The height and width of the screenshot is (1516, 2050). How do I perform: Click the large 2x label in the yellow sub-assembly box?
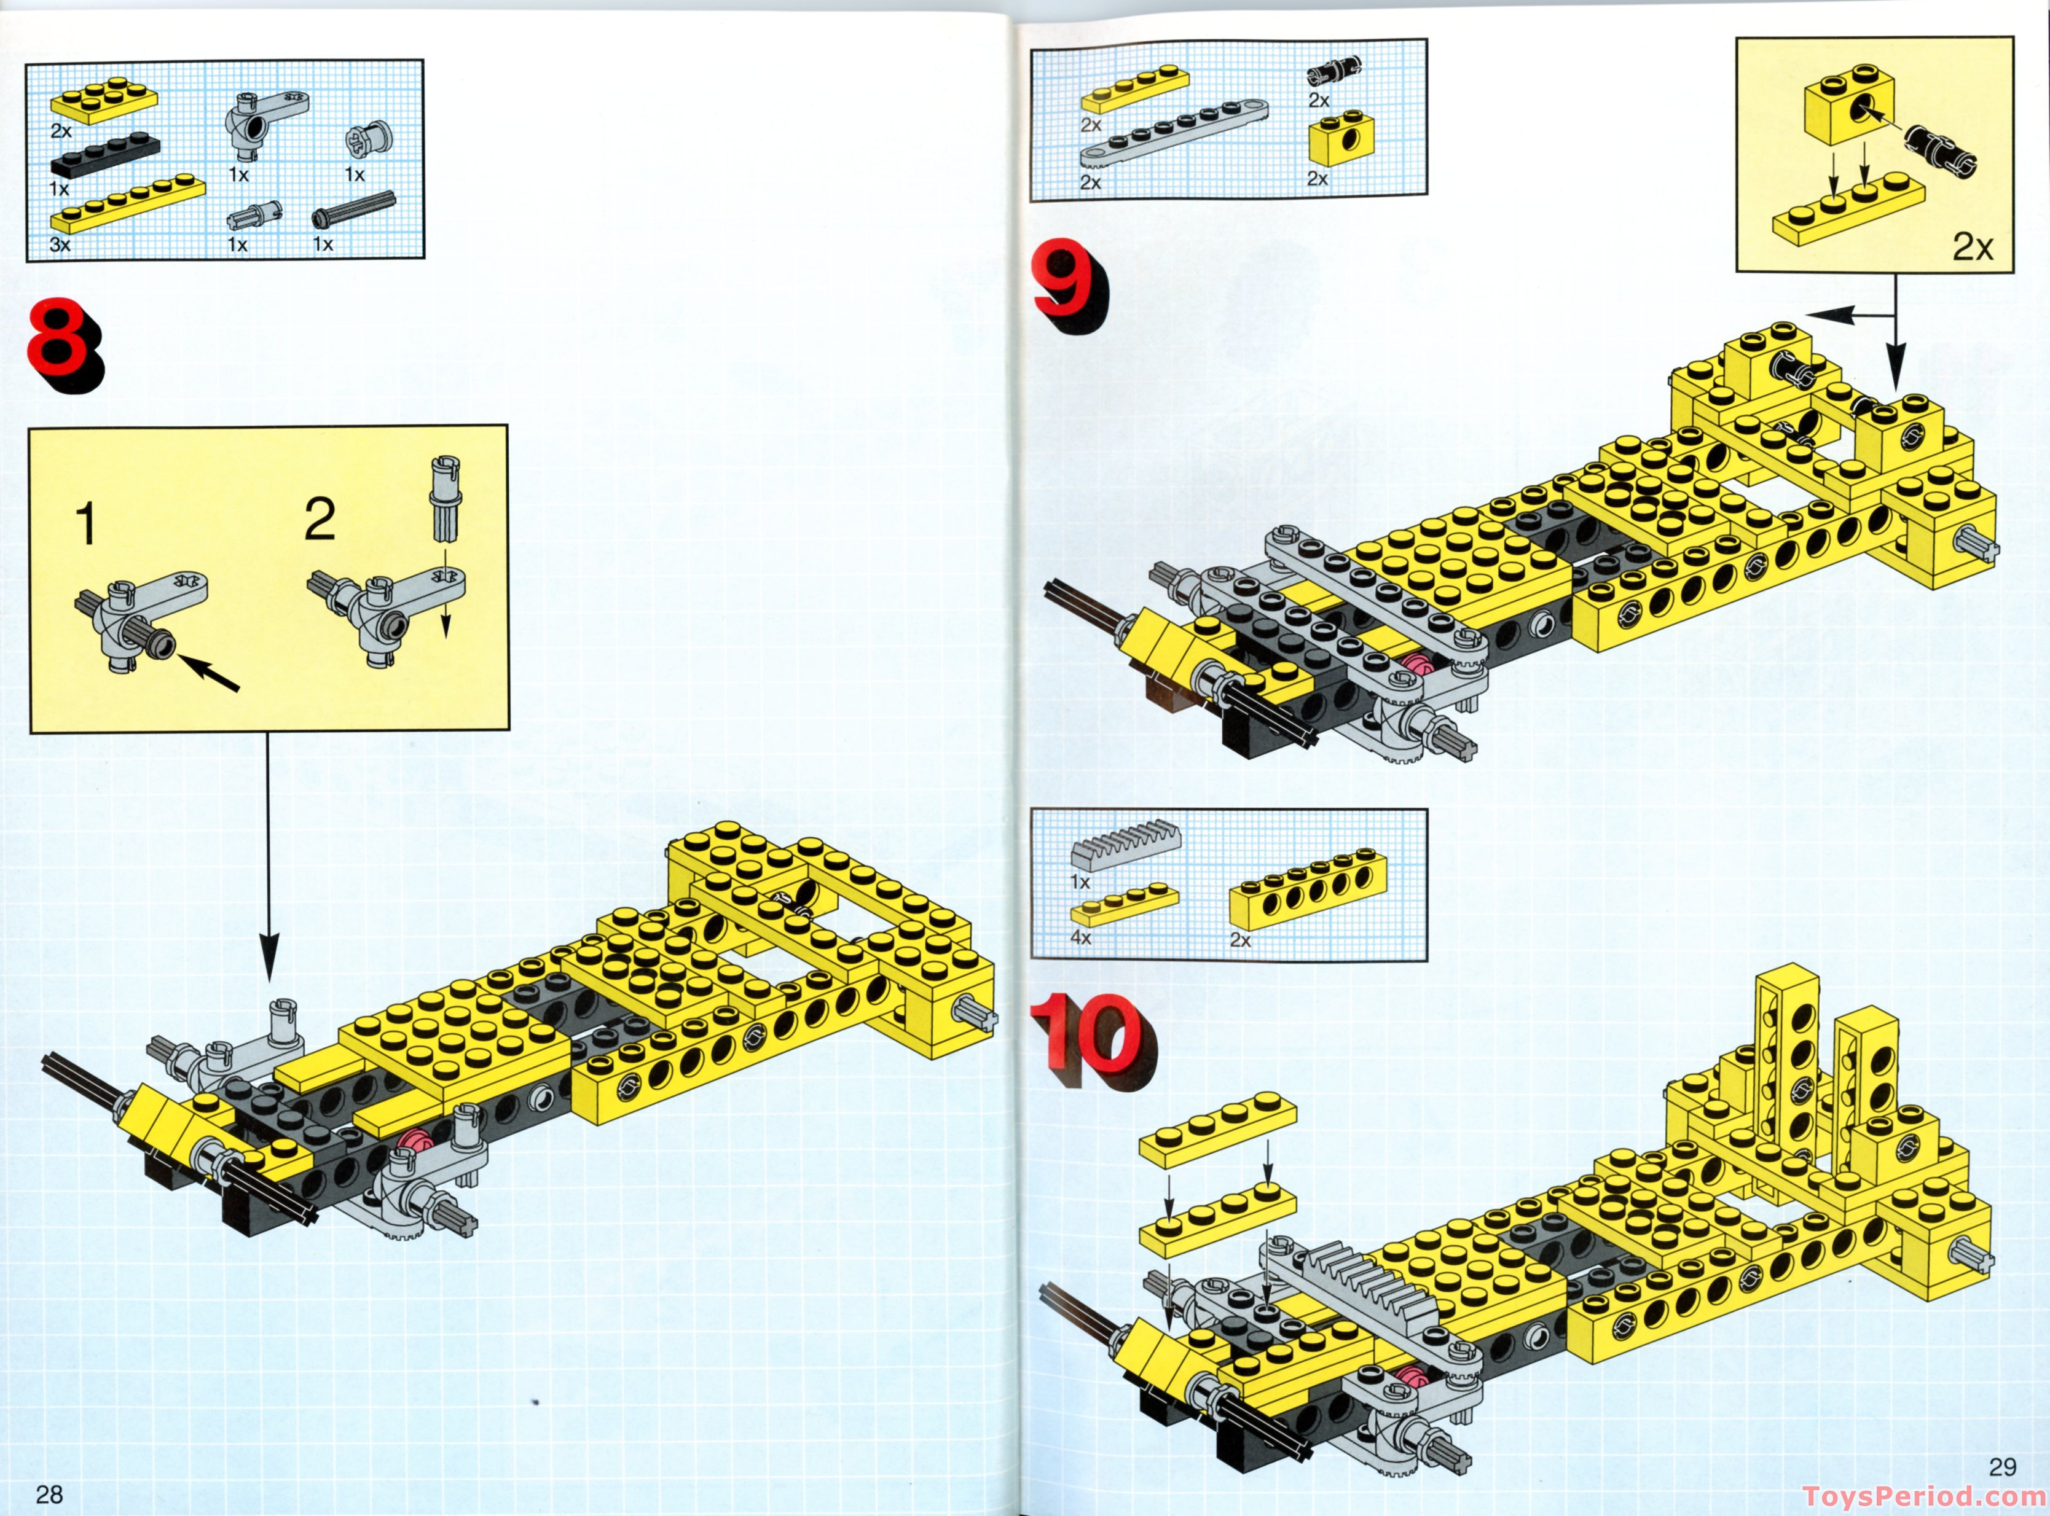tap(1972, 246)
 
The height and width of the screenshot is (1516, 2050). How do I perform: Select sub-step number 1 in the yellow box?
tap(85, 526)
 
